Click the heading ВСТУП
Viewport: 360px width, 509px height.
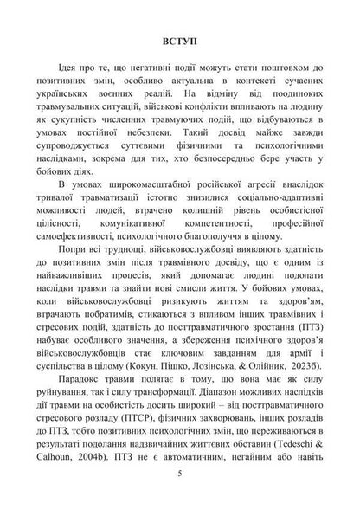179,41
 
